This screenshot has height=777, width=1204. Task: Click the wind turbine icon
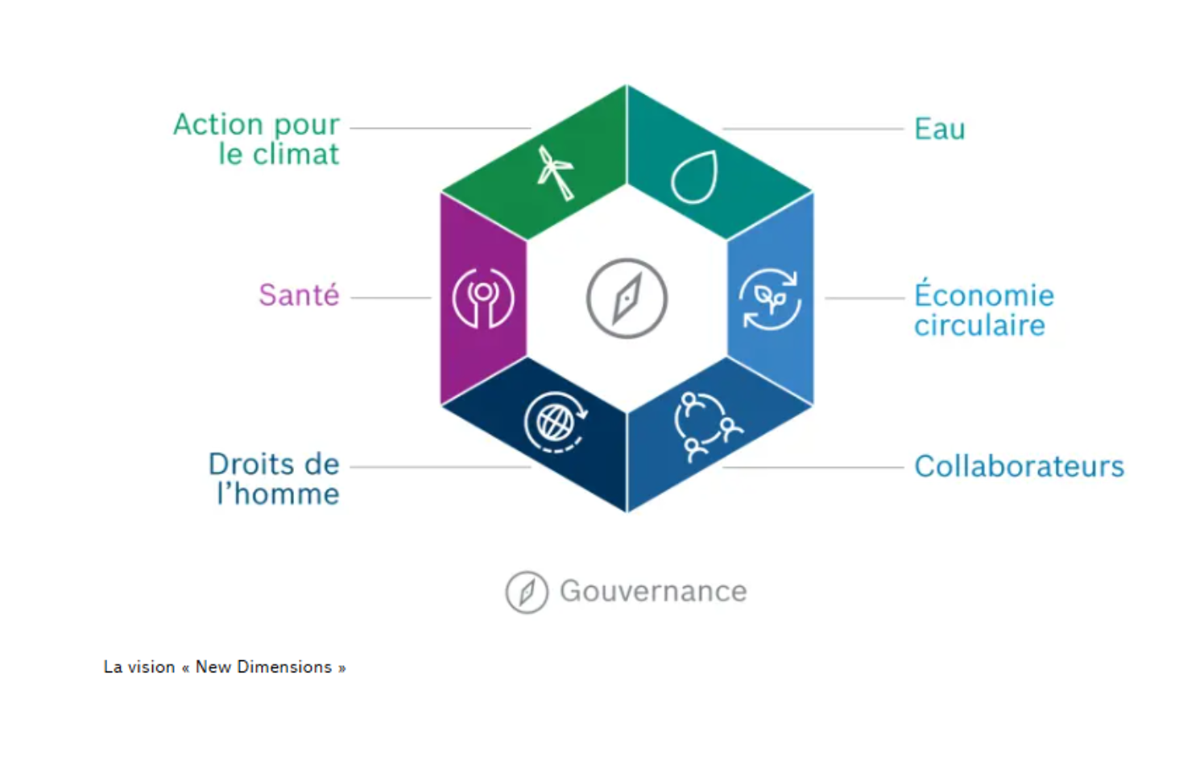(x=555, y=172)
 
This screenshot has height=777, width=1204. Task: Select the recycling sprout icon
(x=771, y=300)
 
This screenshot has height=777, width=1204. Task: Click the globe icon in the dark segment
(x=555, y=422)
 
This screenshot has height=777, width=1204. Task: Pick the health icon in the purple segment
(x=483, y=298)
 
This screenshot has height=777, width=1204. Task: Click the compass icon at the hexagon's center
(x=627, y=298)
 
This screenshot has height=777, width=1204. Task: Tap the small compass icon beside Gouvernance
(x=527, y=592)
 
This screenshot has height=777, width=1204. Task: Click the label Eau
(x=939, y=129)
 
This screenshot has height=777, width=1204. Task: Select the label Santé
(x=299, y=296)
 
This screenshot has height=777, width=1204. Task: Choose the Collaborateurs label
(x=1019, y=466)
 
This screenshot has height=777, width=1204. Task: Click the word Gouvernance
(x=653, y=592)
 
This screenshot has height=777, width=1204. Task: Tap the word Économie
(x=984, y=295)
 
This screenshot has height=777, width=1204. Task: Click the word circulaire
(x=979, y=325)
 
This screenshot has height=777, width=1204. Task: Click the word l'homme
(x=278, y=494)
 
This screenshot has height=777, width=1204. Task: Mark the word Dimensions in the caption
(x=284, y=667)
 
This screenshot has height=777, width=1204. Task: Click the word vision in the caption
(x=151, y=667)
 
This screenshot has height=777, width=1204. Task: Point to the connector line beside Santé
(x=391, y=298)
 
